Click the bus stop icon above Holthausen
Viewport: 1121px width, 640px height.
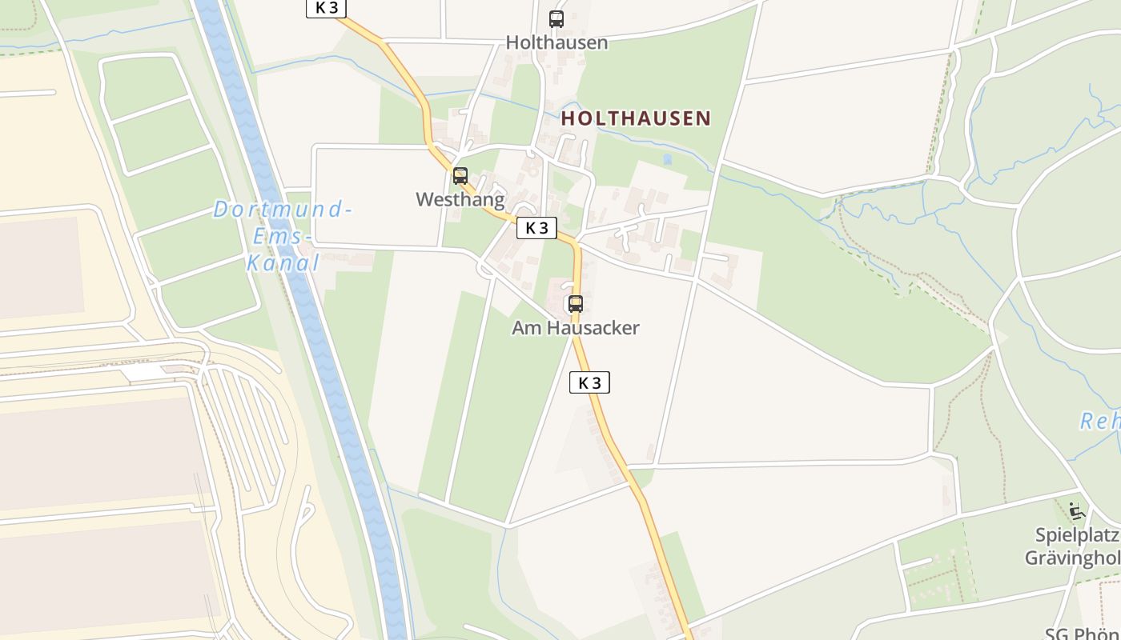[x=556, y=18]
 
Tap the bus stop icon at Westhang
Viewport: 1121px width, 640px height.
[x=460, y=176]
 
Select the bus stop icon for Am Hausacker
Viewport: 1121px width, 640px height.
[x=576, y=304]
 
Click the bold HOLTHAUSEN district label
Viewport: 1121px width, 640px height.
[x=636, y=118]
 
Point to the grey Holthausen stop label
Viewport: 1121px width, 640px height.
[x=556, y=42]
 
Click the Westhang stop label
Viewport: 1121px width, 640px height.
[x=460, y=199]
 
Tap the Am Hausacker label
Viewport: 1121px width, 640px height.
[x=576, y=328]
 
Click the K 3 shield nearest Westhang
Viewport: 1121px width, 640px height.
[x=536, y=228]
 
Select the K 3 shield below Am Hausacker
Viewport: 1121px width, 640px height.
[x=589, y=383]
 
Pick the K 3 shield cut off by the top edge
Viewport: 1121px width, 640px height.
[x=326, y=8]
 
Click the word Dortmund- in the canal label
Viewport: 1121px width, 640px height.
[x=283, y=210]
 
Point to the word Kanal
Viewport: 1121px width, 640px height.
[x=283, y=262]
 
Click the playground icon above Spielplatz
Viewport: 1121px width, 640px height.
[x=1076, y=510]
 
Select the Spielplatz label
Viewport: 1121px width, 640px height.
[x=1077, y=535]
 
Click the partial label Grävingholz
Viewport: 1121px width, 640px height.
[x=1073, y=558]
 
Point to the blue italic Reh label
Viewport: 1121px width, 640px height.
[x=1100, y=422]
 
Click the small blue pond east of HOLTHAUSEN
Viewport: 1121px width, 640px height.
[x=667, y=159]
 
